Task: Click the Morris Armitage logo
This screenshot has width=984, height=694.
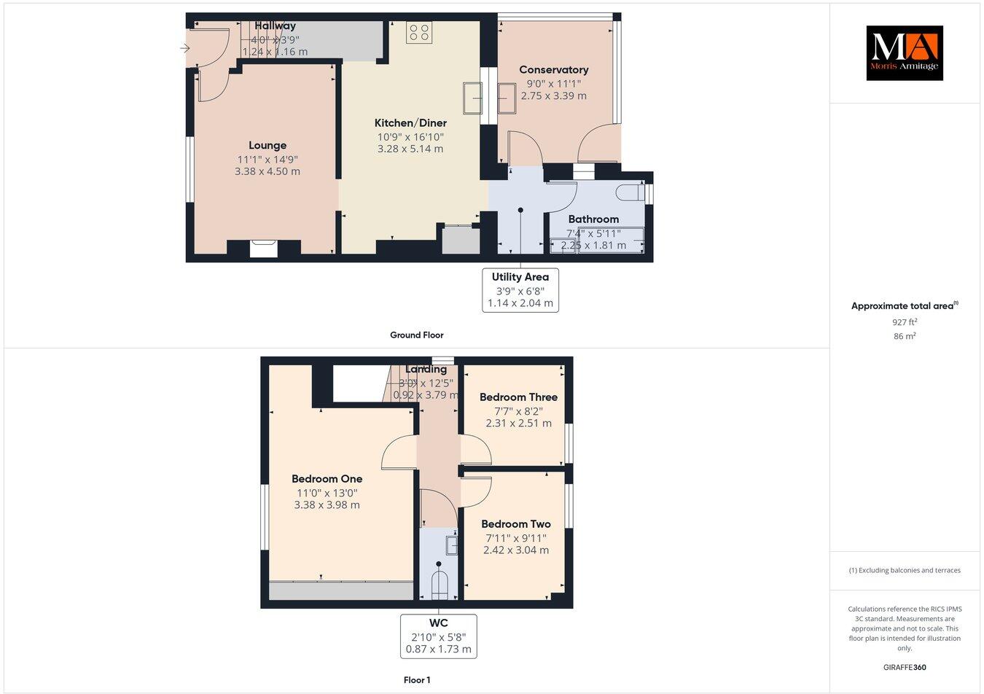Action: [904, 52]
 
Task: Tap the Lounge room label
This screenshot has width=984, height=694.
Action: [268, 146]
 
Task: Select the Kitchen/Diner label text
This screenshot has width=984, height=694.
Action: [410, 123]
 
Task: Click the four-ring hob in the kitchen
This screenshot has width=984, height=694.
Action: [418, 32]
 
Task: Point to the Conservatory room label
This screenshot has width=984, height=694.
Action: [553, 70]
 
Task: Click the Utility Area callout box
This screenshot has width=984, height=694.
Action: [520, 290]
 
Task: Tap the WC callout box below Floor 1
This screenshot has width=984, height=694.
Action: [438, 636]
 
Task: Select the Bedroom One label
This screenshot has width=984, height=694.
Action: [327, 479]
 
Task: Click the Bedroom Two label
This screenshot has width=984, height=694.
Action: [516, 524]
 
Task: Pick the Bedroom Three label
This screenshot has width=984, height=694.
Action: [518, 397]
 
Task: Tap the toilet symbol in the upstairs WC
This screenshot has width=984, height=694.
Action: [439, 585]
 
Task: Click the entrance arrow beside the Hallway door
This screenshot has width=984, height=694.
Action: [185, 49]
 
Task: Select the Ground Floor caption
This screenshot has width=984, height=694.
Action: [416, 335]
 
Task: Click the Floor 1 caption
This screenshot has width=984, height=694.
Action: [417, 680]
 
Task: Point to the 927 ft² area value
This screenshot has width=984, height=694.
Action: [905, 321]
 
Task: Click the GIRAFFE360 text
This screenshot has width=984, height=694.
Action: [905, 667]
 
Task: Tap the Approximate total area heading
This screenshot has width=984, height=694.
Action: [904, 306]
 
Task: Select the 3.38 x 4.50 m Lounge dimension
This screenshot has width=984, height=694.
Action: [268, 172]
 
